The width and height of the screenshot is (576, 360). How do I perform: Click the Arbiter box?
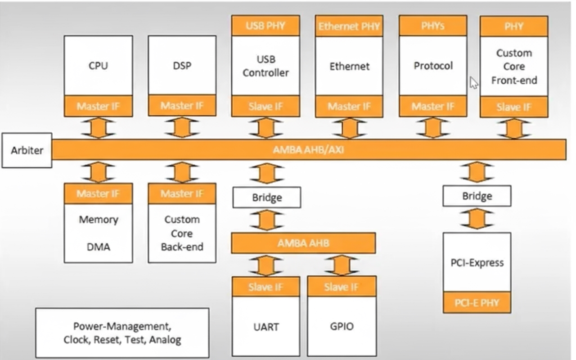point(27,150)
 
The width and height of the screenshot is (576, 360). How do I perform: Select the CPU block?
point(98,66)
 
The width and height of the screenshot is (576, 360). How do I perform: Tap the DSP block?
point(182,66)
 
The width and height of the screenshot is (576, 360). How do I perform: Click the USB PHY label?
point(265,26)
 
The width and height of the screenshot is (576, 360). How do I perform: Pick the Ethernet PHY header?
point(349,26)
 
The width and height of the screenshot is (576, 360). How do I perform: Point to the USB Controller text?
point(265,66)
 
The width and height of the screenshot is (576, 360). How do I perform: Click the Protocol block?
point(433,66)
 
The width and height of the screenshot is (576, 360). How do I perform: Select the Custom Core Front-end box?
point(514,67)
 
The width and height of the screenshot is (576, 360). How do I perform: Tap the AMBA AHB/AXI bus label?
point(309,149)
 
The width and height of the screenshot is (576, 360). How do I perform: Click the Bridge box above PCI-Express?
point(477,196)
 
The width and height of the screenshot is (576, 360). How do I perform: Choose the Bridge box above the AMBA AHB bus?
point(266,198)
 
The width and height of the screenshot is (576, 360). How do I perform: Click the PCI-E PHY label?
point(477,302)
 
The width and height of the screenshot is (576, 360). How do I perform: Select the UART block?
point(266,326)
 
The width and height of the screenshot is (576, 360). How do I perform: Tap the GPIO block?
point(342,326)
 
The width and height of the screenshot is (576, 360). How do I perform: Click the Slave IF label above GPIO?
point(342,287)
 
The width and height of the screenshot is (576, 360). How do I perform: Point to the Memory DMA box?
point(98,233)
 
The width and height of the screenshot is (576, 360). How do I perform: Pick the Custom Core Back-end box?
point(182,233)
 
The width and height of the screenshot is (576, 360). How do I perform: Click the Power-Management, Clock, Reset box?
point(122,333)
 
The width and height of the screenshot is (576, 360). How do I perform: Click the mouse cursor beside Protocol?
point(474,83)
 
